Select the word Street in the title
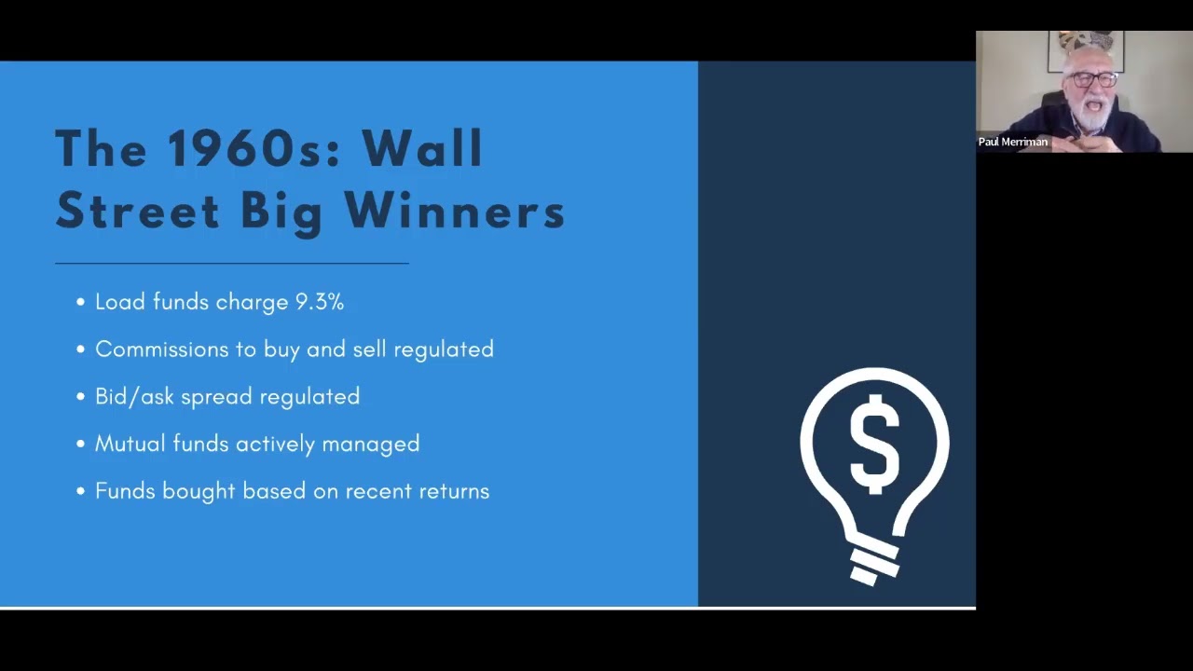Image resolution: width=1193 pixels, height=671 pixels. click(x=137, y=211)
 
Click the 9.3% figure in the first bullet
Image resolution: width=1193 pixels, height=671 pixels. click(x=320, y=302)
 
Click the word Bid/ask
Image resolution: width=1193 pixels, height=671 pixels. click(x=134, y=397)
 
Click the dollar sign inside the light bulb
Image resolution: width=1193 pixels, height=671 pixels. click(x=874, y=445)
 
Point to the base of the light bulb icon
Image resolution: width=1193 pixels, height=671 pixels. click(x=874, y=566)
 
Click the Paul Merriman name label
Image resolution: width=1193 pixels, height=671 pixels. click(x=1012, y=142)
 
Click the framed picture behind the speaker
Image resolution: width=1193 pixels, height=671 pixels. click(x=1086, y=50)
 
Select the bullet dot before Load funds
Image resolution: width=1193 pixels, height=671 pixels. click(x=80, y=303)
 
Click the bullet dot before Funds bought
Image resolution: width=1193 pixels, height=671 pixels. click(x=80, y=491)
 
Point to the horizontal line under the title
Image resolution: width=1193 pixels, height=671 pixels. click(x=232, y=263)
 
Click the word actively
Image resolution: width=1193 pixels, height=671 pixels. click(x=275, y=445)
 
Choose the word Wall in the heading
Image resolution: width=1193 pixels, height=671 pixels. click(x=422, y=148)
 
